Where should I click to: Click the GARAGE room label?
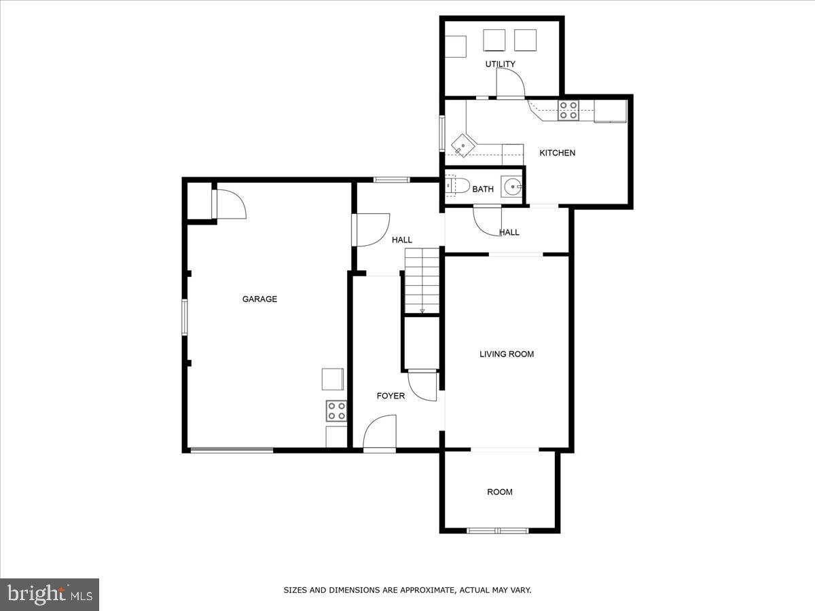click(x=259, y=299)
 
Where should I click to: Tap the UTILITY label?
click(x=500, y=64)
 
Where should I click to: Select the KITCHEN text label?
click(x=557, y=153)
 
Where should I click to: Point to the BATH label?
click(x=483, y=189)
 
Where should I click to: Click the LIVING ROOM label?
click(x=507, y=354)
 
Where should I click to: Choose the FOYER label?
click(x=391, y=396)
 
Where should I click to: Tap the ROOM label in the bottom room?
click(x=500, y=492)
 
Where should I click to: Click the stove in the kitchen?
click(x=568, y=110)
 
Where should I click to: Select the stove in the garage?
click(x=336, y=411)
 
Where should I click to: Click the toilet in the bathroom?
click(x=457, y=185)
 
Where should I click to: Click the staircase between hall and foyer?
click(x=423, y=280)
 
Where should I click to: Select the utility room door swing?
click(x=511, y=83)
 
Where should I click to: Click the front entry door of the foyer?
click(x=380, y=434)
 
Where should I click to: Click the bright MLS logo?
click(x=50, y=594)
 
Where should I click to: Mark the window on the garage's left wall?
click(x=184, y=318)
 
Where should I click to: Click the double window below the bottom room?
click(x=498, y=530)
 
